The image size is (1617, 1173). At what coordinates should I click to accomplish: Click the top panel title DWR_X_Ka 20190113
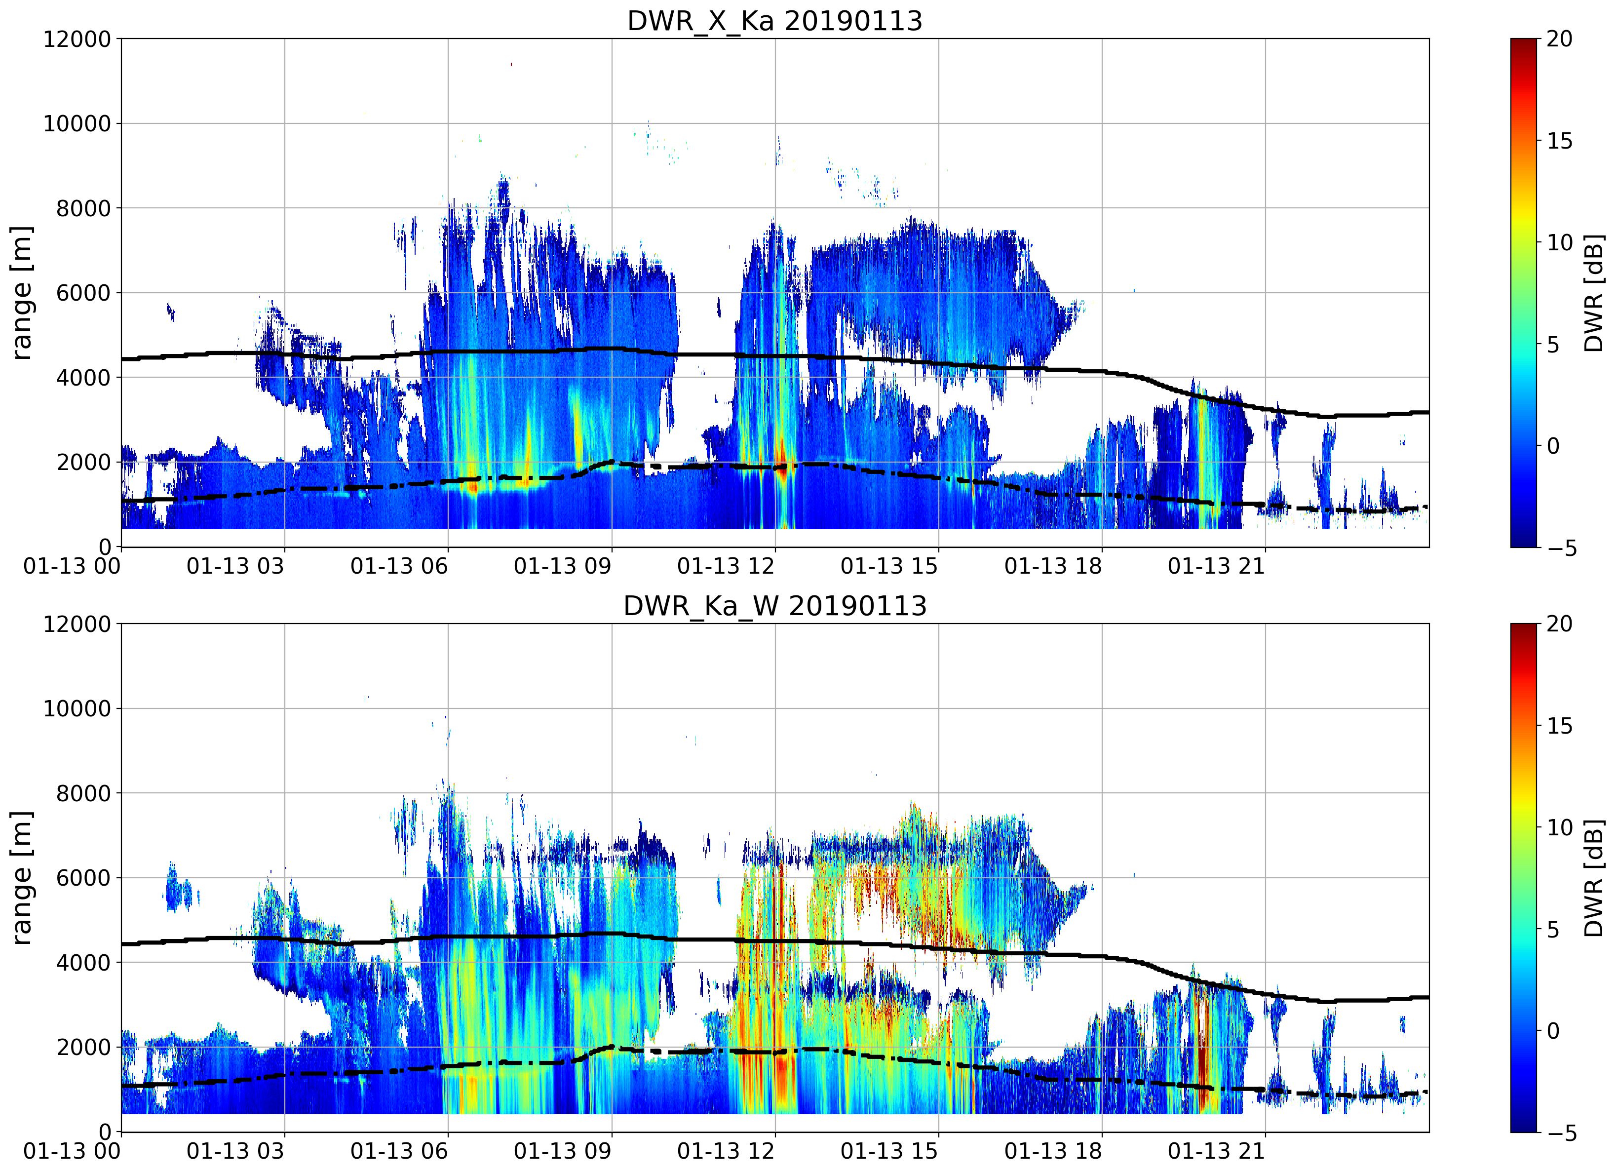[774, 21]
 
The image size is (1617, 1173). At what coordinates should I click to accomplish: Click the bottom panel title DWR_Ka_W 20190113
[774, 606]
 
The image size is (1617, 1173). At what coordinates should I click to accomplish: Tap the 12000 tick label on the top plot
[77, 39]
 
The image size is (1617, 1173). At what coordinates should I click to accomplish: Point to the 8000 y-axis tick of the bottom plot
[83, 793]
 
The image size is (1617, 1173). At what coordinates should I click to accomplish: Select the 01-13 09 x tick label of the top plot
[563, 566]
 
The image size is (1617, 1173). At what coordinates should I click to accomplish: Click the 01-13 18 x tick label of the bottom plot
[1053, 1151]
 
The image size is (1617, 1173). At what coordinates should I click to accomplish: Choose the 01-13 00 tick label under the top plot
[72, 566]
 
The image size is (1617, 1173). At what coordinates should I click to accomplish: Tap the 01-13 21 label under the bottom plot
[1216, 1151]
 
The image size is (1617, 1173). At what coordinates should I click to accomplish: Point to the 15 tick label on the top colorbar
[1559, 141]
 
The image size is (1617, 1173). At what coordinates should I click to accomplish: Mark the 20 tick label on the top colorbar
[1559, 39]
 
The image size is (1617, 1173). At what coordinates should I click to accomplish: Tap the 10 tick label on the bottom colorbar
[1559, 828]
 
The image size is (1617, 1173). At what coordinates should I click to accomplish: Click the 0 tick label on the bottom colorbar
[1553, 1031]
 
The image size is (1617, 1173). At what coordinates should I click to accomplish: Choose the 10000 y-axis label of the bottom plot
[77, 709]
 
